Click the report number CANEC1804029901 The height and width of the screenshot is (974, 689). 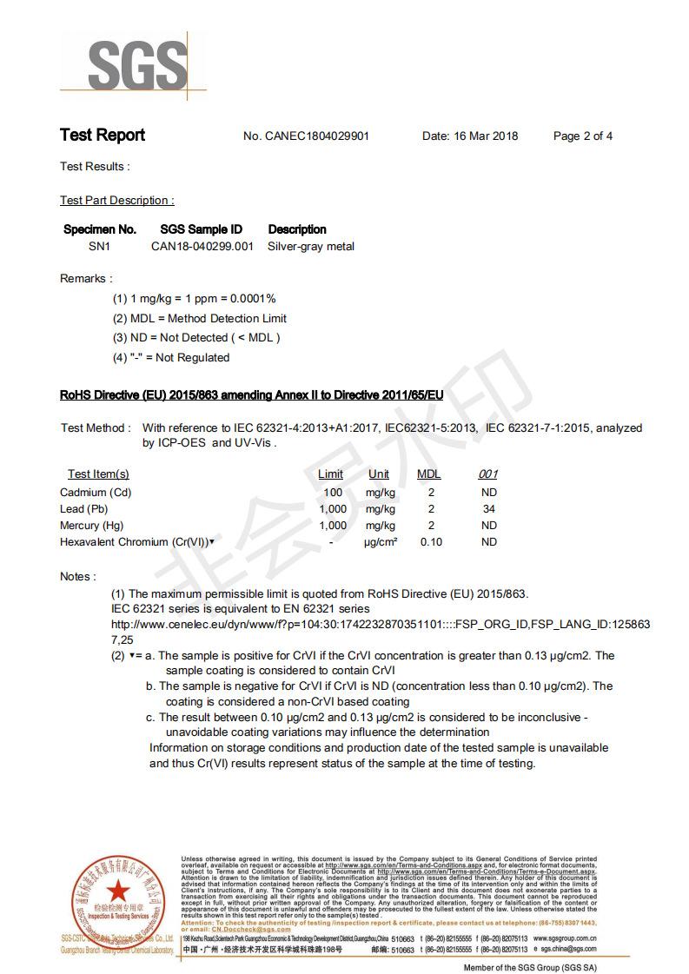coord(317,136)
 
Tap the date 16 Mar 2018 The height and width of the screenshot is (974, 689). coord(486,136)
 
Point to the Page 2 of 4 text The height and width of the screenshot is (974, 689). coord(582,136)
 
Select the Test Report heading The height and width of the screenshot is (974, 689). coord(103,136)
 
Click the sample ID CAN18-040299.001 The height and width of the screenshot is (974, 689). coord(202,247)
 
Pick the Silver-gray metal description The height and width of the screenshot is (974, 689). coord(311,247)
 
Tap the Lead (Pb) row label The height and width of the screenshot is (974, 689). coord(84,509)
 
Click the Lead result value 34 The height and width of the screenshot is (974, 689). coord(489,509)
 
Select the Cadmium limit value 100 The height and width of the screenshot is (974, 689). coord(333,493)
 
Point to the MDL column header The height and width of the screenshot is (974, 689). coord(429,474)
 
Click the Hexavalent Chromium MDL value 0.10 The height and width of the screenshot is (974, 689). coord(431,542)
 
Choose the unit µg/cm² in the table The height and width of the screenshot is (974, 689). coord(380,542)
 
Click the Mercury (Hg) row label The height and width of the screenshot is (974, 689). coord(92,526)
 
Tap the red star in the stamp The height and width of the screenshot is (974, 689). coord(116,891)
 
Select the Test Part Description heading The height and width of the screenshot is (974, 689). coord(116,201)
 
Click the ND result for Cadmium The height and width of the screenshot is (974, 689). coord(489,493)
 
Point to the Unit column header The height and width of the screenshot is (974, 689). coord(379,474)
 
